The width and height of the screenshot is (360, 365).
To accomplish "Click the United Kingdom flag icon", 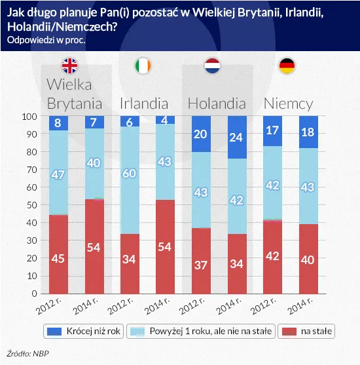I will (x=69, y=66).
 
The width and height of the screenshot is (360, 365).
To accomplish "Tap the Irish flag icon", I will (x=143, y=66).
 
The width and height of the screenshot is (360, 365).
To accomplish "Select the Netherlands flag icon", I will (x=213, y=66).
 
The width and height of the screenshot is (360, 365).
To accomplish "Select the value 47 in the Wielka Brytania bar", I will (x=59, y=174).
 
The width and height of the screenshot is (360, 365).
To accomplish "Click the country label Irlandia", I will (x=144, y=104).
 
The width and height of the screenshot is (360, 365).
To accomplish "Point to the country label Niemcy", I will (x=288, y=104).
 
